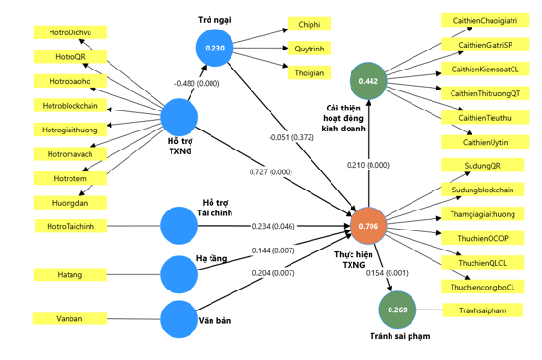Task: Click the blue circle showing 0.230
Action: point(214,48)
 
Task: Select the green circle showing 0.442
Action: point(368,81)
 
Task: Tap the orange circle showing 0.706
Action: point(368,226)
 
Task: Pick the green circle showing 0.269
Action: point(397,310)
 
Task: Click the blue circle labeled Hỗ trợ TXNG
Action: point(179,117)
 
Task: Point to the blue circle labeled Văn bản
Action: point(179,319)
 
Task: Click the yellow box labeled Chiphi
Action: point(310,24)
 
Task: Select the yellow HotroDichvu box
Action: point(70,32)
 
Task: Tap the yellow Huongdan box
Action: point(70,203)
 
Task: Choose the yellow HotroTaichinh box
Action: point(70,226)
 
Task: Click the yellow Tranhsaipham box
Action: point(483,310)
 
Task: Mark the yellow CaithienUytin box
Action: point(485,142)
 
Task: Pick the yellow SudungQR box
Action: point(483,166)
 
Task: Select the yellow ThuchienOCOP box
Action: point(483,238)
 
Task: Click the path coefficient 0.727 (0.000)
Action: point(271,172)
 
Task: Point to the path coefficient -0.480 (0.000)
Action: point(196,83)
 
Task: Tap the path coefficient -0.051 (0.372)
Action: point(291,137)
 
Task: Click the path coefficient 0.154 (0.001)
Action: point(387,273)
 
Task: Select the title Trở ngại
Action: point(214,20)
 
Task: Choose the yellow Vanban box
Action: point(70,318)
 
